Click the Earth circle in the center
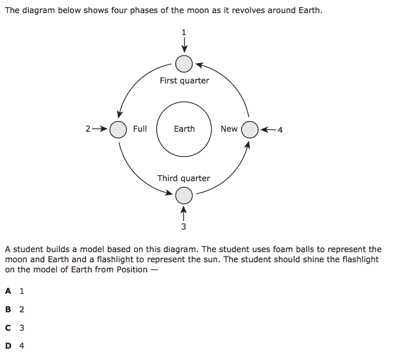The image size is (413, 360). [184, 129]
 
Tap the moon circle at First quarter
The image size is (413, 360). [184, 63]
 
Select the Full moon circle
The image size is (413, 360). [119, 129]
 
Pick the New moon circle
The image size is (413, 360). [250, 129]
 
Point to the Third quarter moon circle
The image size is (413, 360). [184, 195]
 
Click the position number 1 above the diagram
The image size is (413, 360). [184, 32]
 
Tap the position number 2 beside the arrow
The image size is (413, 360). [88, 129]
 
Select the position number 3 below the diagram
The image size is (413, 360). [184, 226]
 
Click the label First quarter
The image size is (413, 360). [184, 80]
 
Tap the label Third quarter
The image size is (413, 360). [184, 178]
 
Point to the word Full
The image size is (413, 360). [140, 129]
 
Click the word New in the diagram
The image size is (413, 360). [229, 129]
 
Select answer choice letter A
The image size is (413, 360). [8, 291]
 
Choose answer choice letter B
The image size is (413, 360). [8, 309]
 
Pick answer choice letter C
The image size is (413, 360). [8, 328]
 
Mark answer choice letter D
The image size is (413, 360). [8, 346]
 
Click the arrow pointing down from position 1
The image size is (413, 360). [184, 45]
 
